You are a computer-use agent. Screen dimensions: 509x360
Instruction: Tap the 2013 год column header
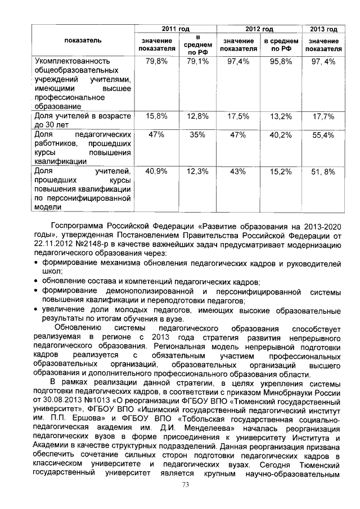click(323, 29)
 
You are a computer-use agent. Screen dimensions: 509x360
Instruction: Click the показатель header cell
click(83, 40)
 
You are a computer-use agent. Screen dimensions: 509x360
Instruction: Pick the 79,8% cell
click(156, 61)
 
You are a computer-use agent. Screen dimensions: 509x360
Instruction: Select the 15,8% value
click(156, 116)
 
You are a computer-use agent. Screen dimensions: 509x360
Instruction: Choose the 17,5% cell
click(238, 116)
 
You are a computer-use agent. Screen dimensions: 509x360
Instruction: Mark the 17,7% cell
click(323, 116)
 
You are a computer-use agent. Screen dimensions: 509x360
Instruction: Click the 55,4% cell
click(323, 136)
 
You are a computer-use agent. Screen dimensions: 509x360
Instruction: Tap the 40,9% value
click(156, 171)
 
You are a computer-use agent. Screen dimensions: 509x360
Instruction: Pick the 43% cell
click(238, 171)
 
